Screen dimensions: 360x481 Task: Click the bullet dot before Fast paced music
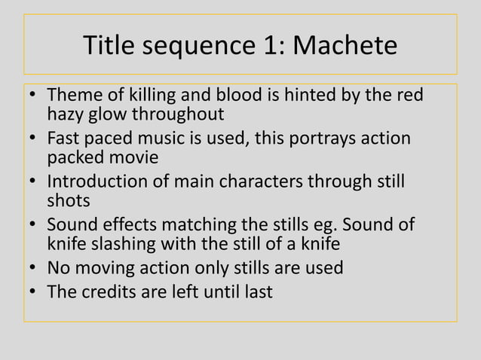coord(33,141)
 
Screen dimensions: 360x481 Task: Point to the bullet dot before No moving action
coord(33,269)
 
